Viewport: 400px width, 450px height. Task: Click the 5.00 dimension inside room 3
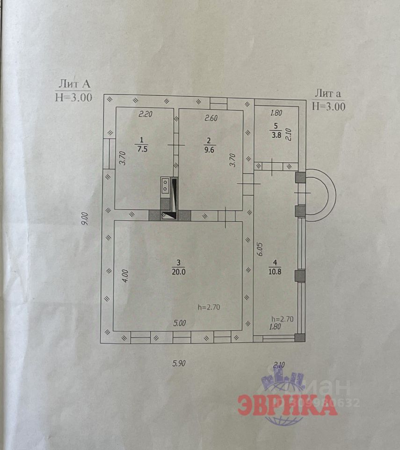pyautogui.click(x=180, y=323)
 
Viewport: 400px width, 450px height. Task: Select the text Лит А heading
pyautogui.click(x=74, y=84)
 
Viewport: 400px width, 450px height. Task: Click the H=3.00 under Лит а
pyautogui.click(x=328, y=106)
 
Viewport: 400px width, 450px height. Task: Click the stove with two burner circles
pyautogui.click(x=165, y=185)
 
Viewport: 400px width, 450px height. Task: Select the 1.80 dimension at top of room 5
pyautogui.click(x=276, y=113)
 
